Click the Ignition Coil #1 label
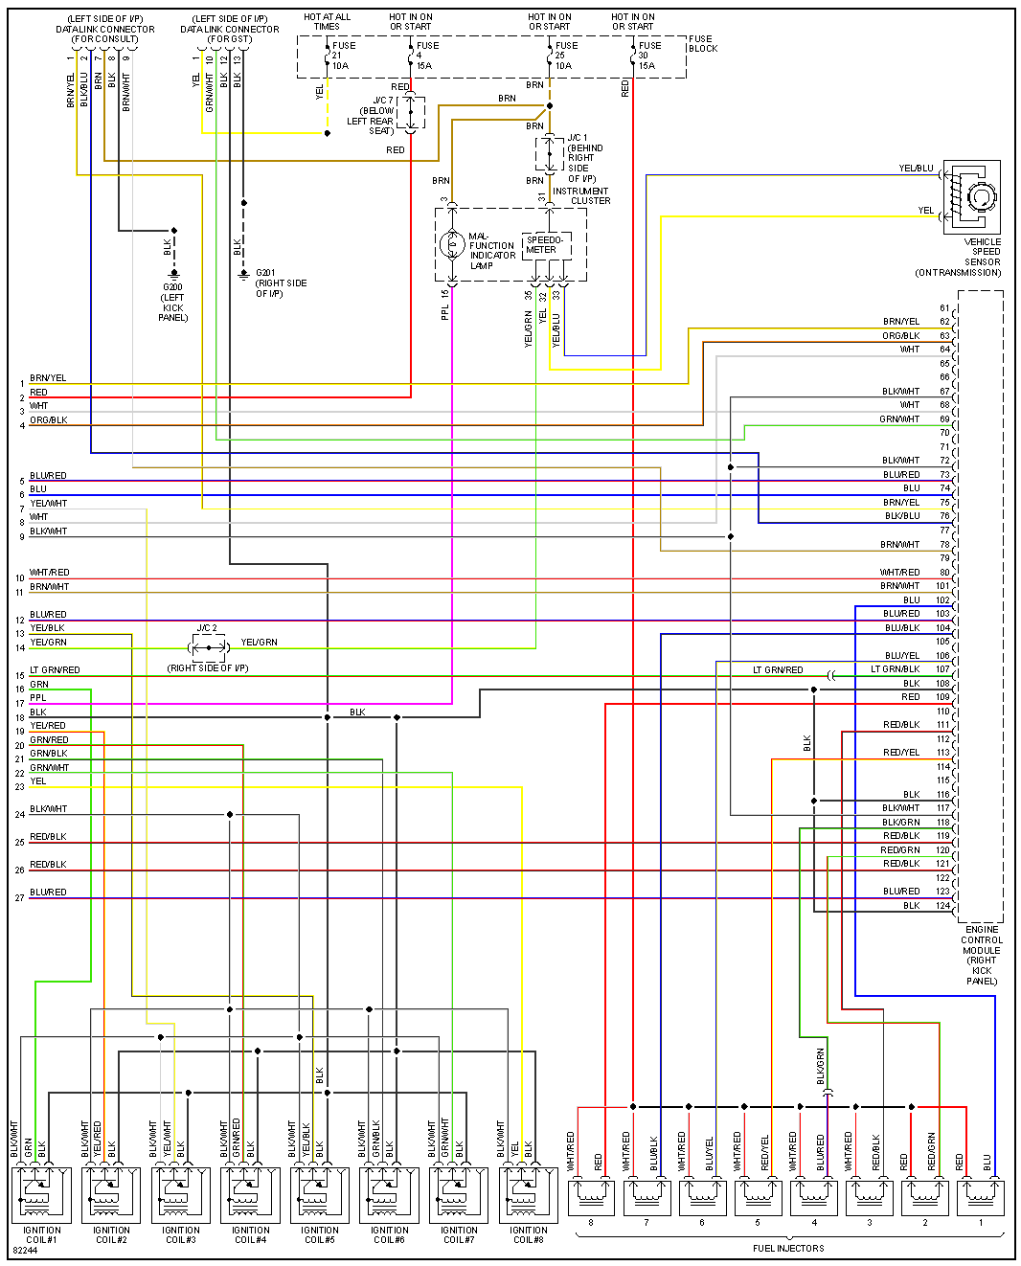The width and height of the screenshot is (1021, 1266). (41, 1234)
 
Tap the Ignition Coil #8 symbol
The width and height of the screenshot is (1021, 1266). (528, 1193)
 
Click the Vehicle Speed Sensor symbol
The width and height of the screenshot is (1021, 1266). (972, 197)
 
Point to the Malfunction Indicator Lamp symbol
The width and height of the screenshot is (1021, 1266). (452, 245)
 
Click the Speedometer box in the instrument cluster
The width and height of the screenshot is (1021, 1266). (546, 245)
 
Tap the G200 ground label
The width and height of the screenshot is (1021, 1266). (172, 287)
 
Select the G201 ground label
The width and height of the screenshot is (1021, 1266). (265, 273)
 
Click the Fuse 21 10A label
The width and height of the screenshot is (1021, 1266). (342, 56)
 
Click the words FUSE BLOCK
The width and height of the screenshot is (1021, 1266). (702, 44)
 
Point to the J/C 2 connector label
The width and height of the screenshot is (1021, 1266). (207, 628)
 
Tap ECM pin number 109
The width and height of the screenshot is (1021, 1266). (943, 697)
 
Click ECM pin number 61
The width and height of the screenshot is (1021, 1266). (944, 308)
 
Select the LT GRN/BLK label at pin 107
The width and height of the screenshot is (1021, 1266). (895, 669)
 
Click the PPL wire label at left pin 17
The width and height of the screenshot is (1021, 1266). (38, 698)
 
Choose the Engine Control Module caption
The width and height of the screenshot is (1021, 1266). (982, 955)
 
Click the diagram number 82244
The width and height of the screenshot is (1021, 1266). (26, 1251)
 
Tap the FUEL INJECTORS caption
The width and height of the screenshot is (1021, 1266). (787, 1248)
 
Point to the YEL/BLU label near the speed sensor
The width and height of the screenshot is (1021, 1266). (916, 169)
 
